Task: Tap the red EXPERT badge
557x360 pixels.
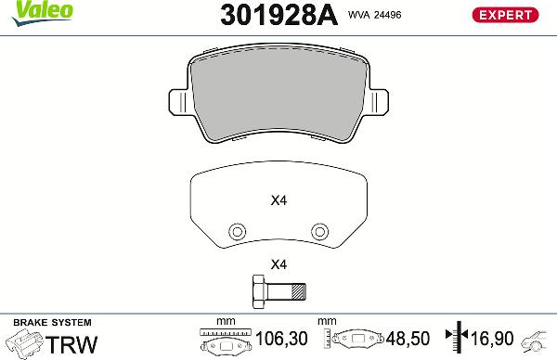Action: pos(505,14)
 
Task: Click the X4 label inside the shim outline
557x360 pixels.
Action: pos(278,199)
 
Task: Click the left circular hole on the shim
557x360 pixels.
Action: pos(237,231)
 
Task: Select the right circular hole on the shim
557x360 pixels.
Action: pos(319,231)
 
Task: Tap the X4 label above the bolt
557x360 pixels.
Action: pos(278,264)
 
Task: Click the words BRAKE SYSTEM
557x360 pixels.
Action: pos(41,321)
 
